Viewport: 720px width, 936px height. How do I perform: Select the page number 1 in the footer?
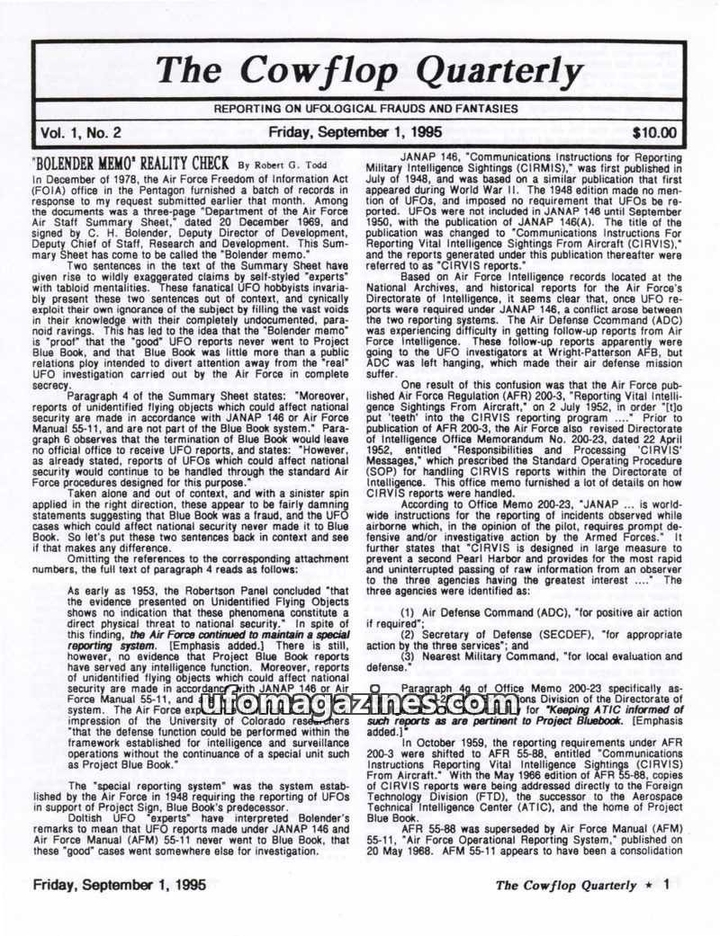[665, 884]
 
